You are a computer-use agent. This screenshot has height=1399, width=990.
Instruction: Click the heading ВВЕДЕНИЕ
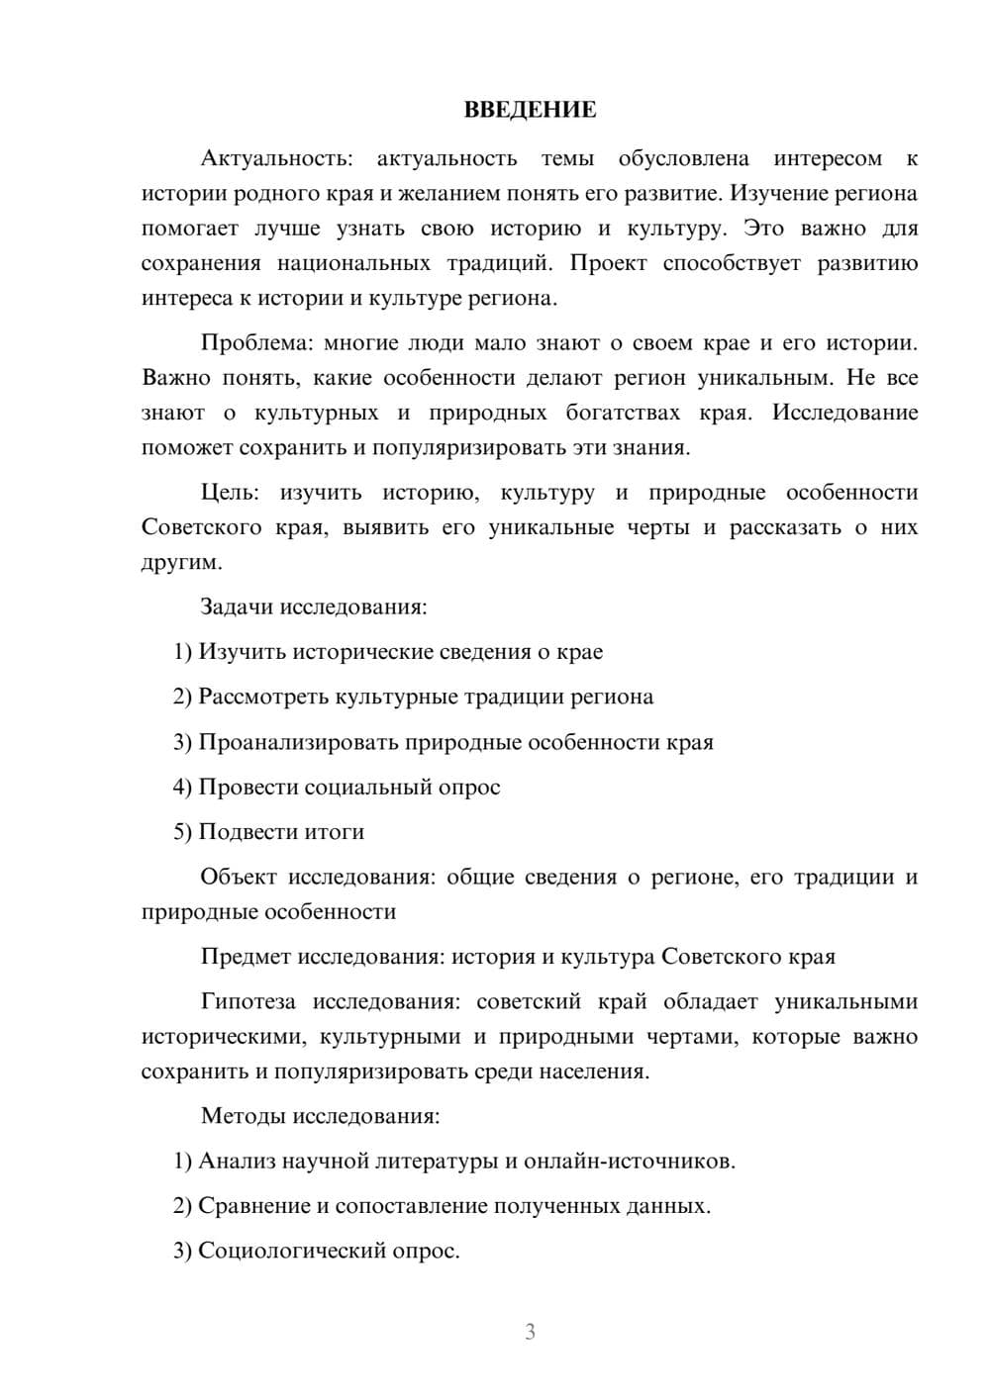pos(530,110)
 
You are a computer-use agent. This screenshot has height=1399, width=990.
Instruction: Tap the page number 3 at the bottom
pos(530,1332)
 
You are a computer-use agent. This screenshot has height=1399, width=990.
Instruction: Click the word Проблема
pos(255,343)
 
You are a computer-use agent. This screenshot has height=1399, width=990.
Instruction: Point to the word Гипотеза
pos(247,1001)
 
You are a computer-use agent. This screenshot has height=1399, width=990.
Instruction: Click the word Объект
pos(237,877)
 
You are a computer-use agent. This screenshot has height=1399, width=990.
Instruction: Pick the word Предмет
pos(247,957)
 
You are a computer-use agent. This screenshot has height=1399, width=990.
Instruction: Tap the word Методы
pos(243,1116)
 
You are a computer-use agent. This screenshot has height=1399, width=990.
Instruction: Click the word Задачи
pos(238,606)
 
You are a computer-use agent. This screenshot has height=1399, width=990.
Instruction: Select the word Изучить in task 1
pos(243,652)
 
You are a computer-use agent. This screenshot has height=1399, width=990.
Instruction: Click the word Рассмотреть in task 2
pos(263,697)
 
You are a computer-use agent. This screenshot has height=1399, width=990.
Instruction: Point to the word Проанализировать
pos(298,742)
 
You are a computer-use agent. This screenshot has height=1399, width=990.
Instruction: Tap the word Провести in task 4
pos(248,788)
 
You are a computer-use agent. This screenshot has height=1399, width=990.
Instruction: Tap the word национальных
pos(353,263)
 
